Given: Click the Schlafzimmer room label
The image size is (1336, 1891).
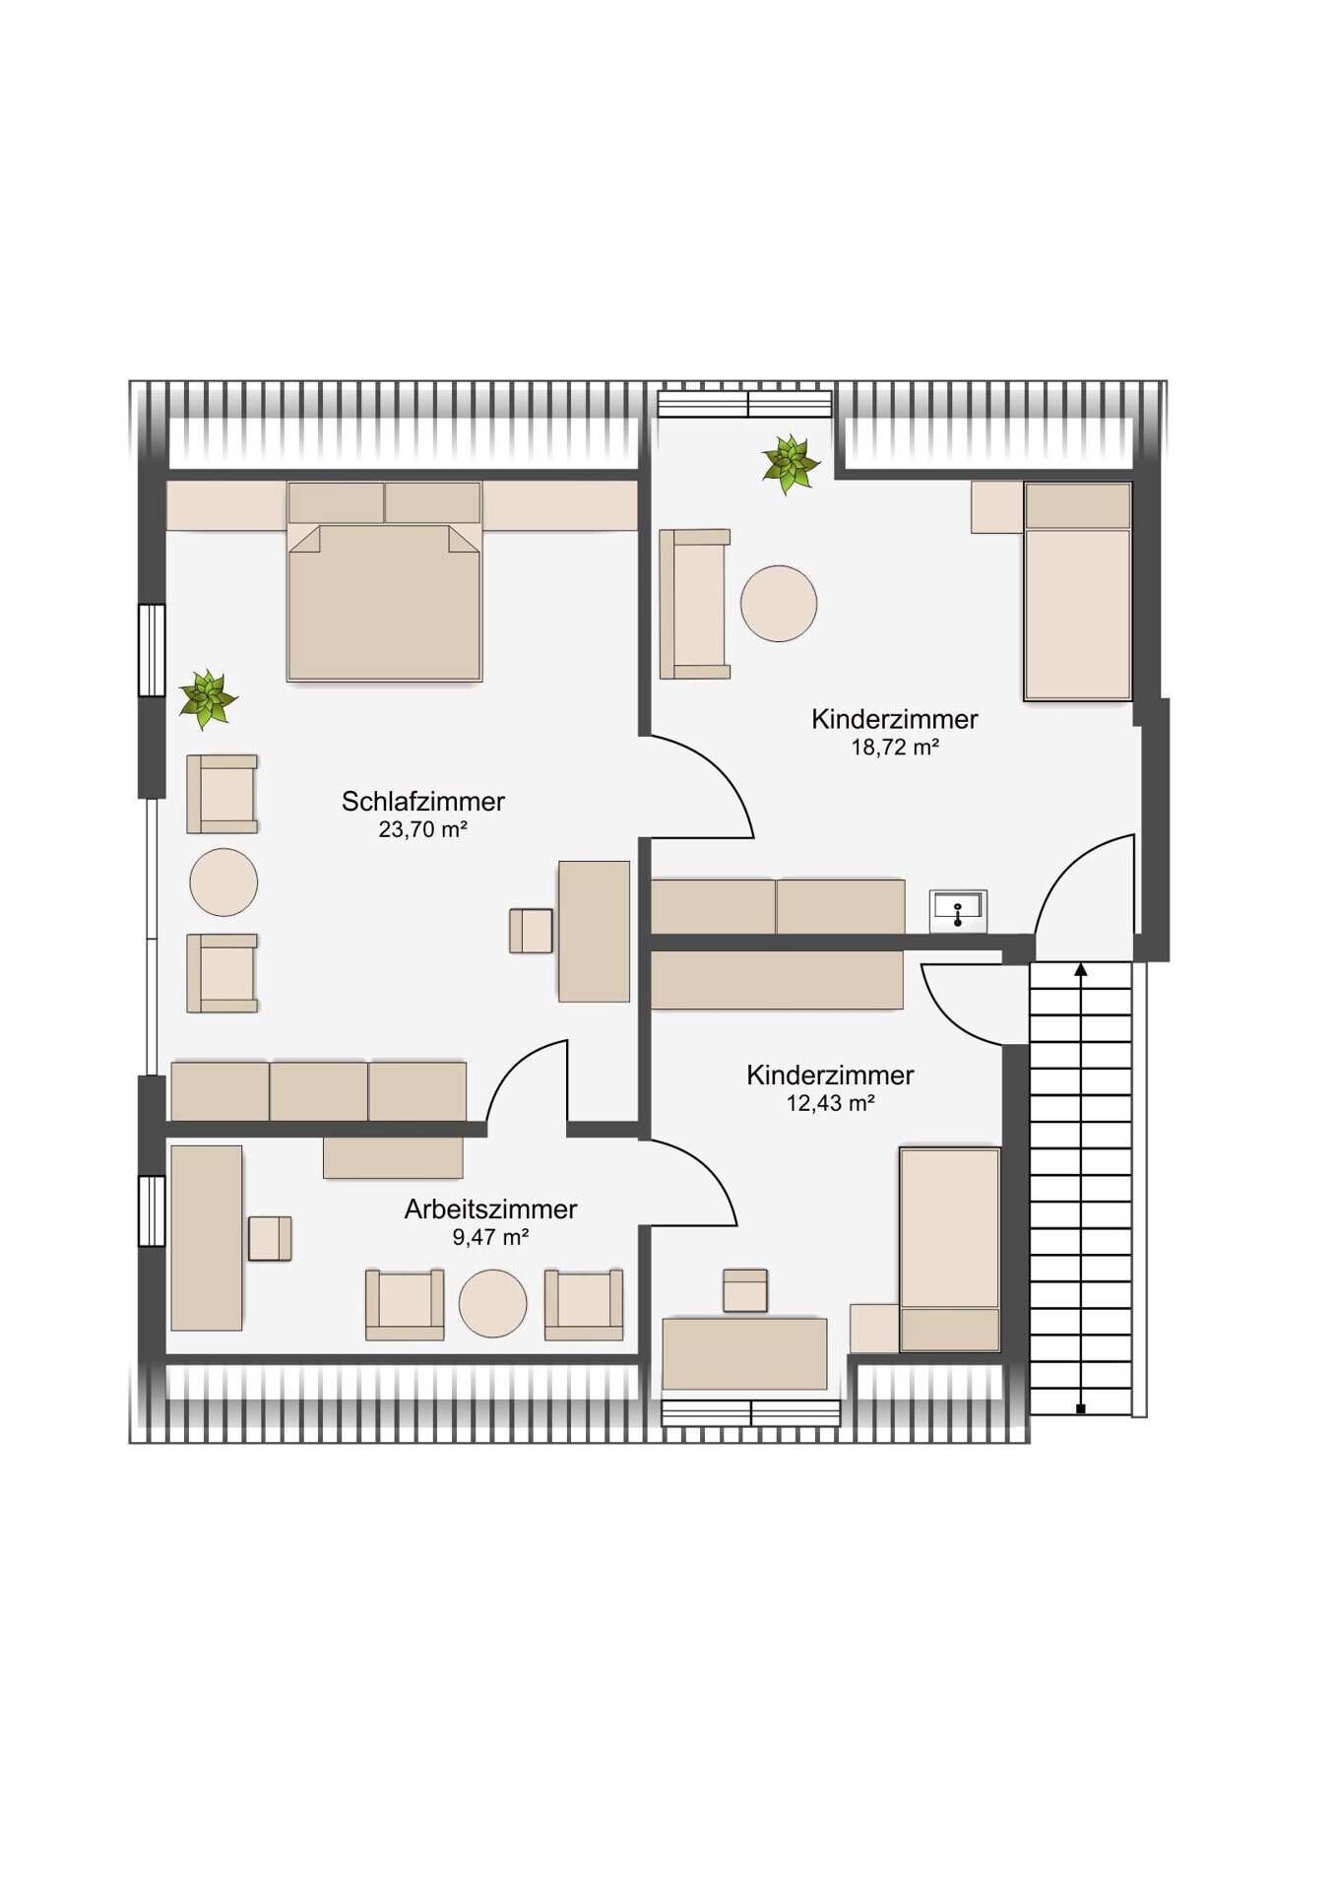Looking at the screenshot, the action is pyautogui.click(x=422, y=802).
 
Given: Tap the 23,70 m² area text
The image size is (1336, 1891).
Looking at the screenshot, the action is pyautogui.click(x=422, y=830).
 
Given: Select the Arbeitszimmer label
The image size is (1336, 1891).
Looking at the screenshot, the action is pyautogui.click(x=490, y=1209).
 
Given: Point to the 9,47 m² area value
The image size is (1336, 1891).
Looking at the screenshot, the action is pyautogui.click(x=490, y=1238).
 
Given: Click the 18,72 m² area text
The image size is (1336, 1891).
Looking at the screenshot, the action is pyautogui.click(x=894, y=748).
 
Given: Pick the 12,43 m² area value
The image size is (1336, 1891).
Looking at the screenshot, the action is pyautogui.click(x=830, y=1104).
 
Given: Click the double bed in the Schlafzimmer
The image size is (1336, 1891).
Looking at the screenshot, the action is pyautogui.click(x=384, y=581).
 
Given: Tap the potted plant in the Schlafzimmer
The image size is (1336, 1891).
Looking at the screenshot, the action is pyautogui.click(x=207, y=698).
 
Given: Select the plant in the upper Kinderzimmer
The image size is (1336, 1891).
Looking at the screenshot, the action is pyautogui.click(x=790, y=464).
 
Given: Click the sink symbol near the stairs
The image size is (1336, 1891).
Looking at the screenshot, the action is pyautogui.click(x=958, y=911).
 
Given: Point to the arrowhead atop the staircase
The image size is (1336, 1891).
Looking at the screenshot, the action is pyautogui.click(x=1080, y=970).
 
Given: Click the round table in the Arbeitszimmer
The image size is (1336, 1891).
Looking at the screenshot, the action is pyautogui.click(x=492, y=1303).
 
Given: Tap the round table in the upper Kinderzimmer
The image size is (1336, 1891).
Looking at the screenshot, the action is pyautogui.click(x=779, y=604).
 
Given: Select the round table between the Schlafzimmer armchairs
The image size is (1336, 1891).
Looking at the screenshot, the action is pyautogui.click(x=223, y=882).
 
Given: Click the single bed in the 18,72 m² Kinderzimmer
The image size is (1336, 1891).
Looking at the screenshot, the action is pyautogui.click(x=1077, y=591).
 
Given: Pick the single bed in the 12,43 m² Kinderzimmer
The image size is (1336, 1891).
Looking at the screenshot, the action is pyautogui.click(x=950, y=1250).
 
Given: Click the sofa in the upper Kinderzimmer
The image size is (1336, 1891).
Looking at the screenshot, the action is pyautogui.click(x=695, y=604).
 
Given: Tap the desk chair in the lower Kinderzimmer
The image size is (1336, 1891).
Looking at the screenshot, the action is pyautogui.click(x=745, y=1290).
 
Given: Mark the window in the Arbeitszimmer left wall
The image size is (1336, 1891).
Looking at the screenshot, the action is pyautogui.click(x=152, y=1210).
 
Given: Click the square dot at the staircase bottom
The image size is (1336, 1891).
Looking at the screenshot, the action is pyautogui.click(x=1080, y=1409).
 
